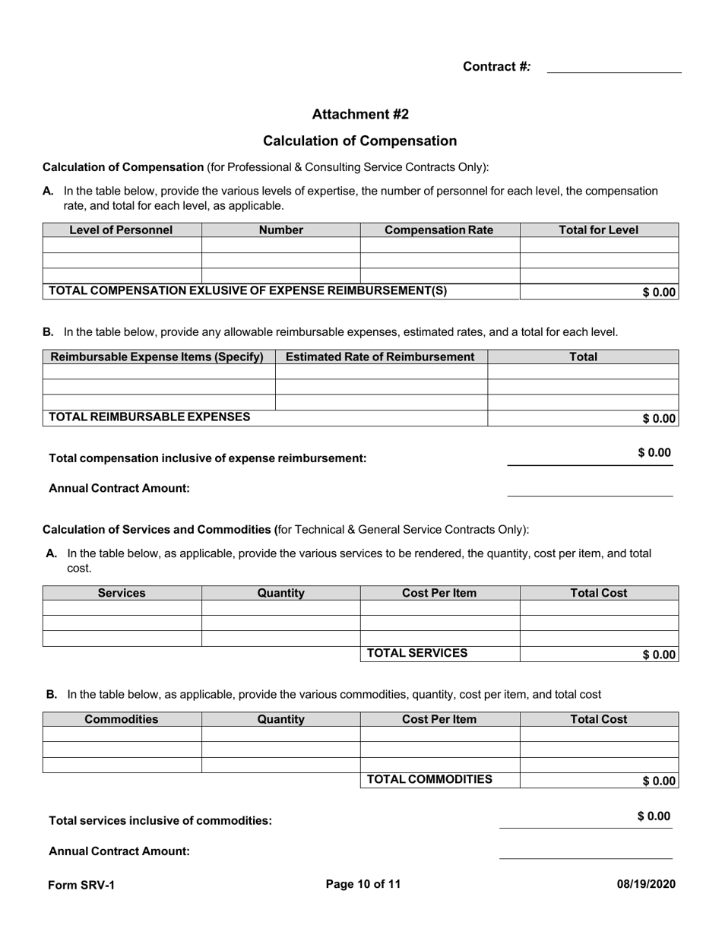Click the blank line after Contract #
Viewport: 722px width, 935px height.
614,67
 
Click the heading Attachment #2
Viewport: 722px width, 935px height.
360,114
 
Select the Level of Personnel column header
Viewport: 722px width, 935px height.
122,230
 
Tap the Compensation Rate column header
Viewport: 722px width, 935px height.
439,230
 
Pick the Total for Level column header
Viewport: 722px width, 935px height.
599,230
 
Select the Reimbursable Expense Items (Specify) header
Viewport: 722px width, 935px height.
157,357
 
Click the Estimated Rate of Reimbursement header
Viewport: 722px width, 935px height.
380,357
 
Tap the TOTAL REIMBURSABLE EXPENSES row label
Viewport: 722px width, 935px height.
150,417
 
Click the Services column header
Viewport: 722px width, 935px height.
122,593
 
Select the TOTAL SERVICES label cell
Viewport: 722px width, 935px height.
417,653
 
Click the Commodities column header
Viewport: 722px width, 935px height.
122,719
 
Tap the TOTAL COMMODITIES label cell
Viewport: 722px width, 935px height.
429,779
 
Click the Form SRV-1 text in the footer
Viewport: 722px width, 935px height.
81,885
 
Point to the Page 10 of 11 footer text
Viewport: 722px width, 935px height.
363,884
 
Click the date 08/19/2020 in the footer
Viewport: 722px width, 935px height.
645,884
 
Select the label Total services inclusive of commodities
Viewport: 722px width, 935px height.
160,821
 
